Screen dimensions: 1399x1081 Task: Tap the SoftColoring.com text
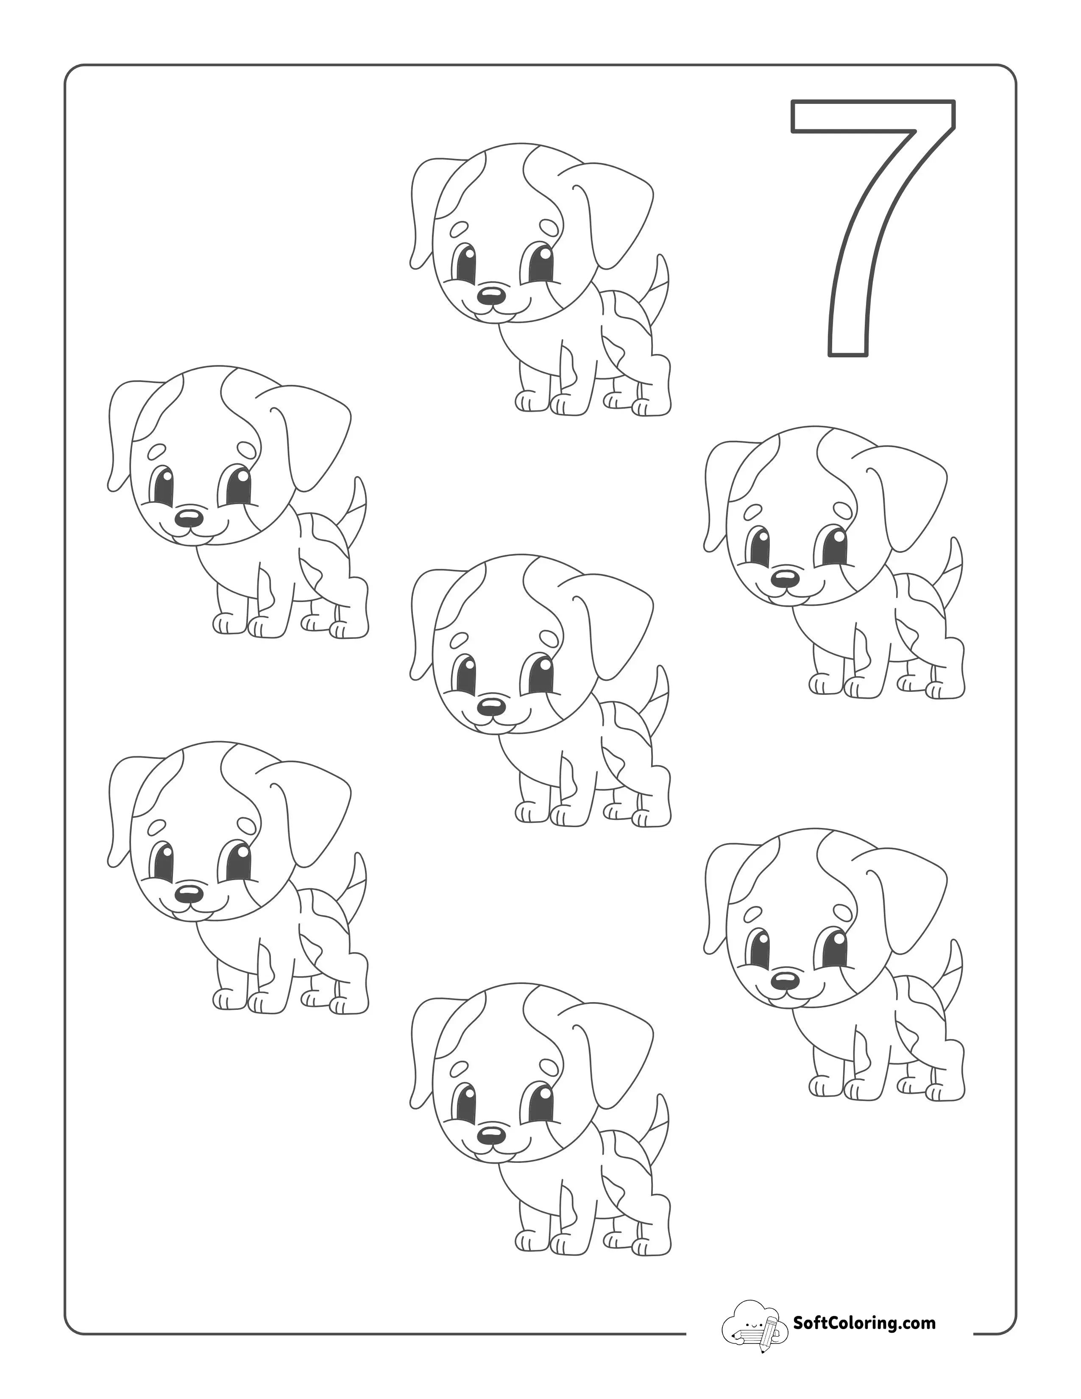(864, 1319)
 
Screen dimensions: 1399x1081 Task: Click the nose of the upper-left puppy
(189, 516)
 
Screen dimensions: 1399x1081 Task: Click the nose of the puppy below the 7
(785, 578)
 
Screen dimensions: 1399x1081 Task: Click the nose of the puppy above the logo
(785, 981)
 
